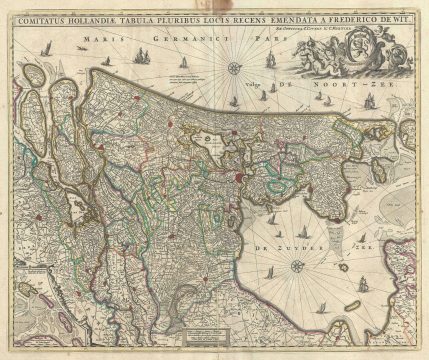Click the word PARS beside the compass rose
(262, 39)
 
